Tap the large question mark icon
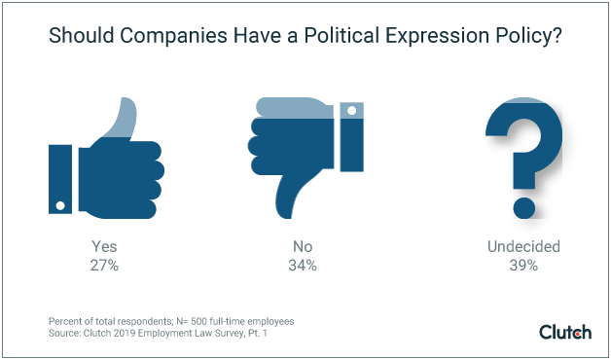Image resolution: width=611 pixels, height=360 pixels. [x=524, y=146]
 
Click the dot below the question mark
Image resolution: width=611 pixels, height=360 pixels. [x=524, y=206]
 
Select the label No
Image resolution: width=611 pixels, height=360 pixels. [x=305, y=247]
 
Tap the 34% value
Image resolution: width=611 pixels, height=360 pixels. [x=305, y=266]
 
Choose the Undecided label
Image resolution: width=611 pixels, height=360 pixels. [x=524, y=247]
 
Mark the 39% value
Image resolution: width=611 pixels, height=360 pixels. [x=524, y=266]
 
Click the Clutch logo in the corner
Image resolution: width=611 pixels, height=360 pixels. [x=564, y=331]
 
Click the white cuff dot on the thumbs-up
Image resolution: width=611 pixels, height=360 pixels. [x=61, y=205]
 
